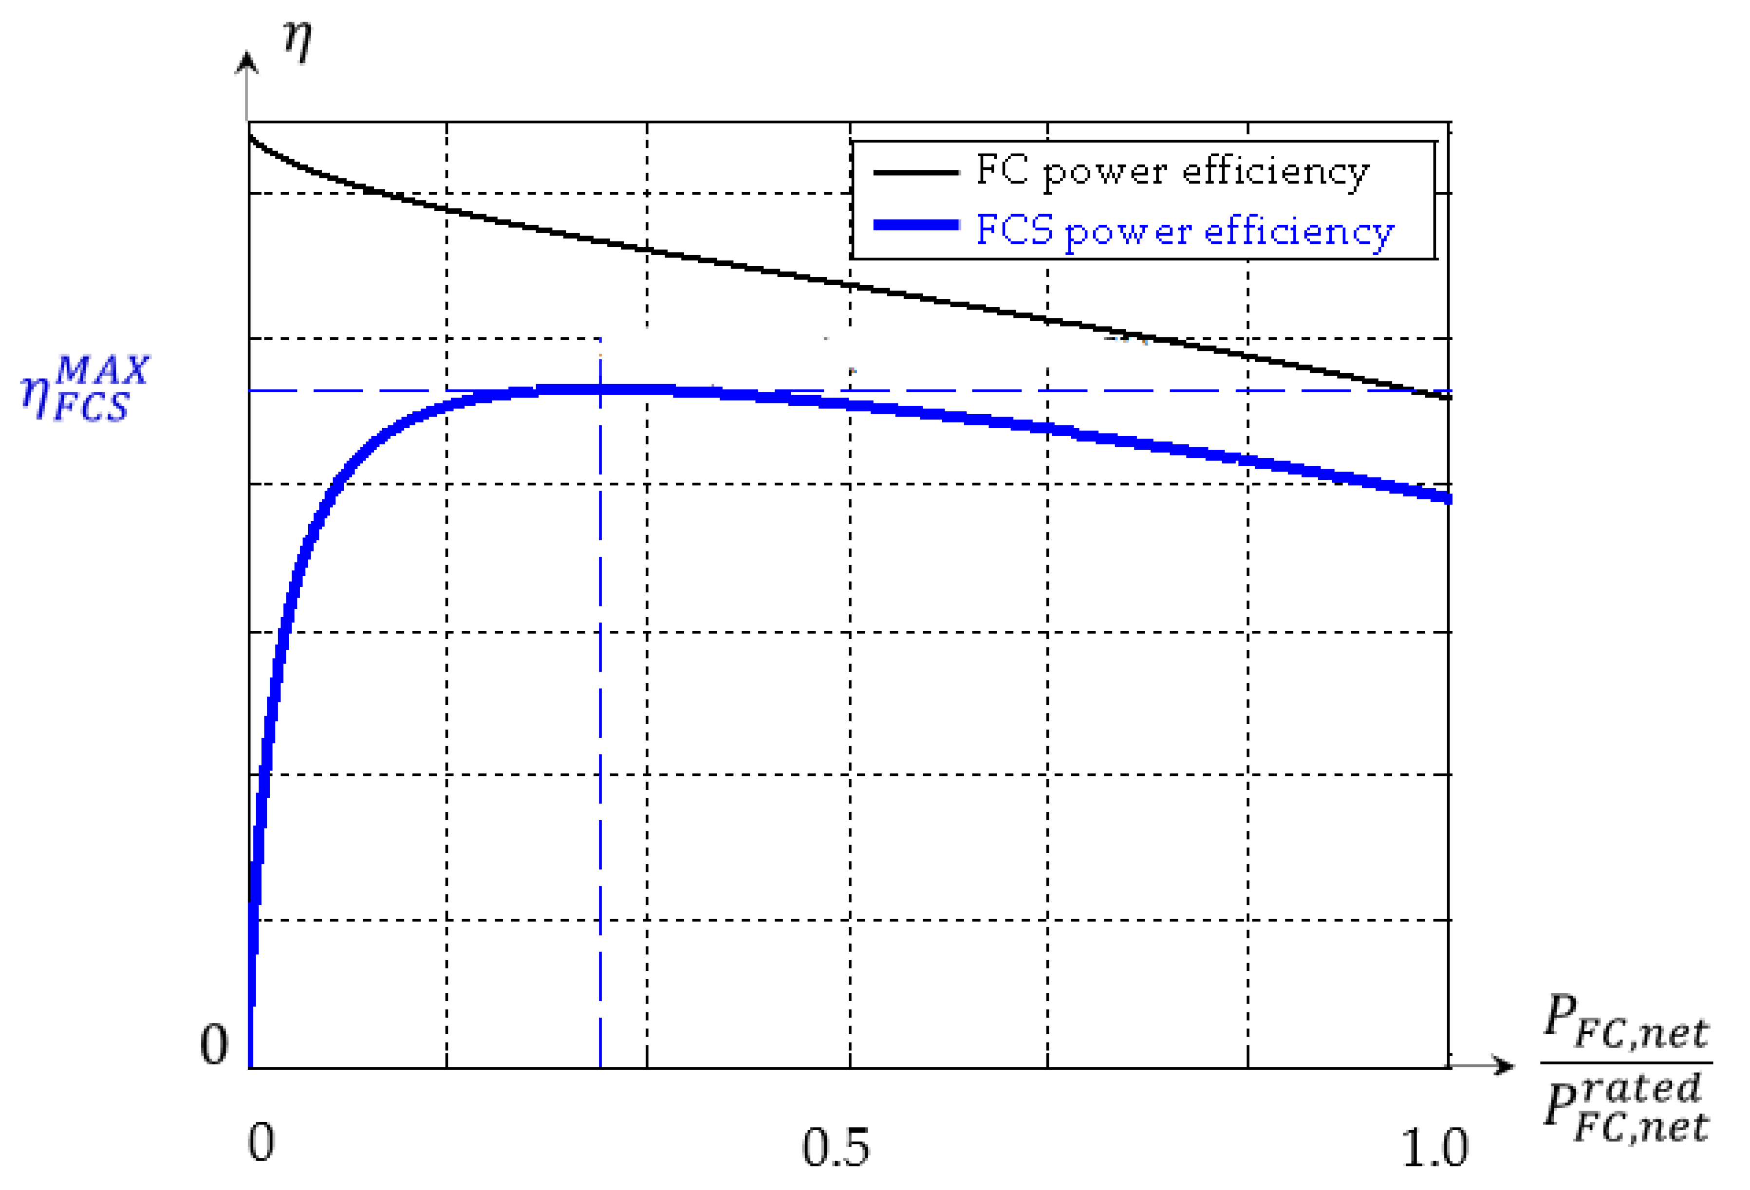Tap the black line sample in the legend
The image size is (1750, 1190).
(x=916, y=172)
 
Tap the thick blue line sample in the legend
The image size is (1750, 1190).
(x=916, y=225)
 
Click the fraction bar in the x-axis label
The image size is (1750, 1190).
(x=1626, y=1063)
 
